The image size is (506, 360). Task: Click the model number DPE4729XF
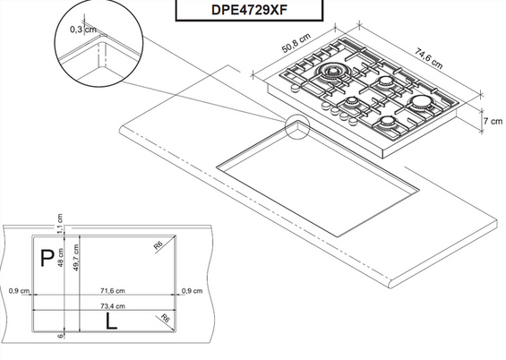(249, 10)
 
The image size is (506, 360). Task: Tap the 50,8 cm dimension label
(296, 43)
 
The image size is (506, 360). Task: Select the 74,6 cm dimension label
(429, 58)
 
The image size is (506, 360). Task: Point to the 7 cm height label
(493, 121)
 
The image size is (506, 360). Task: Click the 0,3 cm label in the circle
(83, 30)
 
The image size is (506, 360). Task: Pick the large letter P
(47, 258)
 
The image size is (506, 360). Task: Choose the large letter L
(111, 321)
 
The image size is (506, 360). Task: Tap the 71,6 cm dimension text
(112, 291)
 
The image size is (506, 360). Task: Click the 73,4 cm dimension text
(112, 305)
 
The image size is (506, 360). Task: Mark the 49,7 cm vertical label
(76, 257)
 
